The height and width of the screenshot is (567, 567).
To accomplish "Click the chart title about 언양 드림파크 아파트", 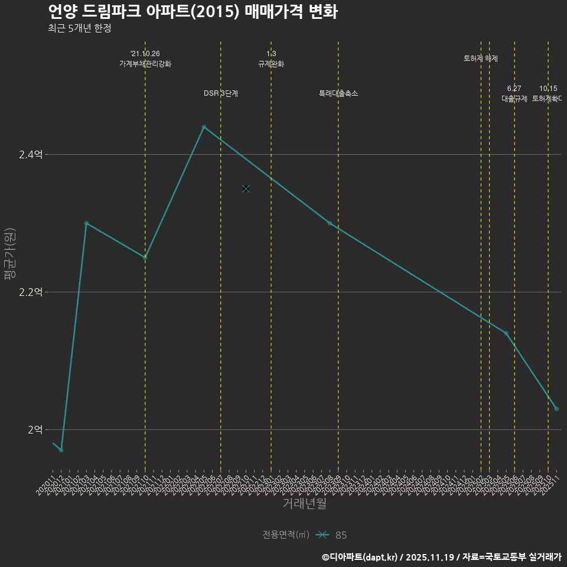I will pyautogui.click(x=193, y=11).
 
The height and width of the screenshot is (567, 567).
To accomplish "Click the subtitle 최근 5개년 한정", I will pyautogui.click(x=80, y=28).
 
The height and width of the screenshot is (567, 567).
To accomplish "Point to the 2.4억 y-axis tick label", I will pyautogui.click(x=31, y=155).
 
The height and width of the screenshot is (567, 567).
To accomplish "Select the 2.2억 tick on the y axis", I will pyautogui.click(x=31, y=292).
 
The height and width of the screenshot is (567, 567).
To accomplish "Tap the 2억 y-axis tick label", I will pyautogui.click(x=34, y=429).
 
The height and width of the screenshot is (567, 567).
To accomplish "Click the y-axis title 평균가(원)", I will pyautogui.click(x=10, y=255).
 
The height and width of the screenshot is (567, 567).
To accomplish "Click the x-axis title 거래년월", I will pyautogui.click(x=304, y=504).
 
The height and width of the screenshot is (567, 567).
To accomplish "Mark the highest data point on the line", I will pyautogui.click(x=204, y=127).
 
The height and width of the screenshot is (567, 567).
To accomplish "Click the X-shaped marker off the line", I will pyautogui.click(x=246, y=189).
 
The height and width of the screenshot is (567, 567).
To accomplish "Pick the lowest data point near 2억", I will pyautogui.click(x=61, y=450).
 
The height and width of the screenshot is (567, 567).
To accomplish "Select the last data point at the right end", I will pyautogui.click(x=556, y=409).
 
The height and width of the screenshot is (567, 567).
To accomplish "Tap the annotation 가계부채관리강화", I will pyautogui.click(x=145, y=64).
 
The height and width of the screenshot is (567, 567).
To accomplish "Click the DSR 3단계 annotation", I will pyautogui.click(x=221, y=93).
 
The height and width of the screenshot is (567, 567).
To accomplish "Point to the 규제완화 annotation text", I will pyautogui.click(x=271, y=64).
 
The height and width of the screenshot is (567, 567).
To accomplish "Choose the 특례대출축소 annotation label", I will pyautogui.click(x=338, y=93).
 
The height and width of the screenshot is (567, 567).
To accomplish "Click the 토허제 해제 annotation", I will pyautogui.click(x=481, y=58).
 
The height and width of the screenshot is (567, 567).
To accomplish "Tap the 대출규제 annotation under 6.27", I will pyautogui.click(x=514, y=99).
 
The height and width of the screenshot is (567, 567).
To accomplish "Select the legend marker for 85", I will pyautogui.click(x=322, y=535).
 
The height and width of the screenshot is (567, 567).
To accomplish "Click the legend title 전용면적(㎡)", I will pyautogui.click(x=286, y=535).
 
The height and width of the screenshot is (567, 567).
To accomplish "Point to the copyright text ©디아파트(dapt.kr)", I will pyautogui.click(x=360, y=556).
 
